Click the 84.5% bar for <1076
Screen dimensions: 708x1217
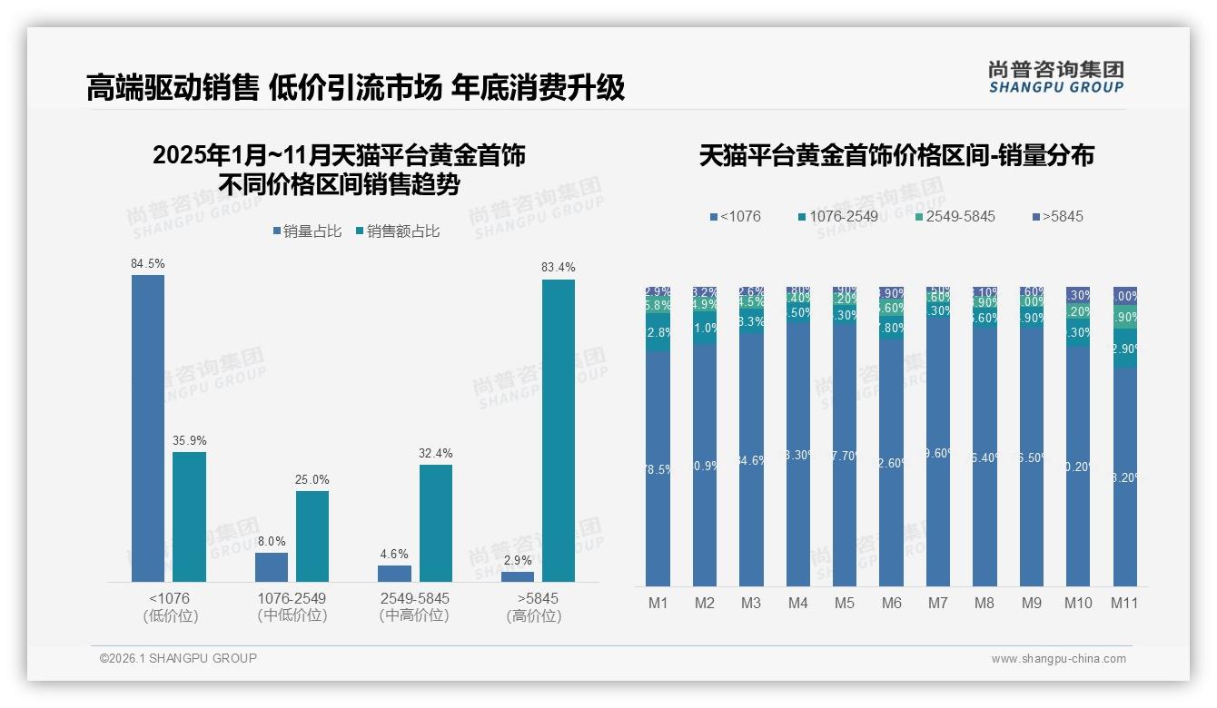tap(148, 428)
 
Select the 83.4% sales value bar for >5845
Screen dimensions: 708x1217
tap(559, 430)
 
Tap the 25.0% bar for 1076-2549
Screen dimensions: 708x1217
tap(312, 536)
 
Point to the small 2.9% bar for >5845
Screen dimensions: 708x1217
tap(518, 576)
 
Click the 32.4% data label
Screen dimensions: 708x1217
tap(436, 453)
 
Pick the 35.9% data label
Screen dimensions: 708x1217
tap(190, 440)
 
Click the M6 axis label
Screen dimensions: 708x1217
tap(891, 603)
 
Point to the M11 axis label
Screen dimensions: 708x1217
tap(1124, 603)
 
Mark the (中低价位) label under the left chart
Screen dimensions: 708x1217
tap(292, 615)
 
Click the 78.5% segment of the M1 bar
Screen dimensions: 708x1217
tap(658, 468)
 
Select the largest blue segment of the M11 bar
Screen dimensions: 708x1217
tap(1124, 477)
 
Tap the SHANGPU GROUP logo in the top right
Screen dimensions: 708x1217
tap(1056, 77)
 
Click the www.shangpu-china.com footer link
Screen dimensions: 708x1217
tap(1058, 659)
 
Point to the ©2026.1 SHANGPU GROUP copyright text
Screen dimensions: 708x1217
tap(178, 658)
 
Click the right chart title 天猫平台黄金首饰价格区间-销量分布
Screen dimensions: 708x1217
tap(896, 155)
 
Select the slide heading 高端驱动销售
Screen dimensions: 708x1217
tap(173, 88)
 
